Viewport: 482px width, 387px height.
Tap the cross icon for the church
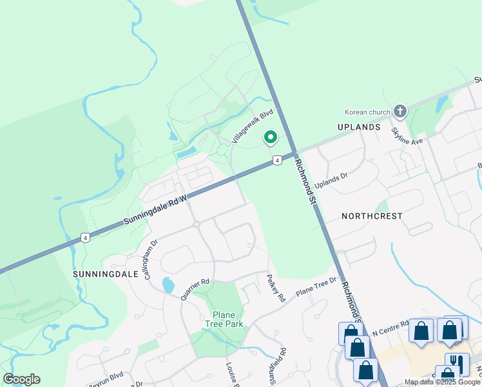[400, 112]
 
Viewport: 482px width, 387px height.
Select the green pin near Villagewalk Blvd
[271, 137]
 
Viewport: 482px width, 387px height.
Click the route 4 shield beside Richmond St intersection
[276, 160]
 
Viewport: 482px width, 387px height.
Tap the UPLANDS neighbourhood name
[359, 127]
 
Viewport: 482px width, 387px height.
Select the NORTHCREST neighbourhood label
[372, 216]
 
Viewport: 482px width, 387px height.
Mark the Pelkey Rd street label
[276, 288]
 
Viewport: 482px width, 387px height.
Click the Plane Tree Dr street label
[316, 286]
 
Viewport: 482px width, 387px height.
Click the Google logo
[21, 379]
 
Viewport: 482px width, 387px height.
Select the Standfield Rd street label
[278, 366]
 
